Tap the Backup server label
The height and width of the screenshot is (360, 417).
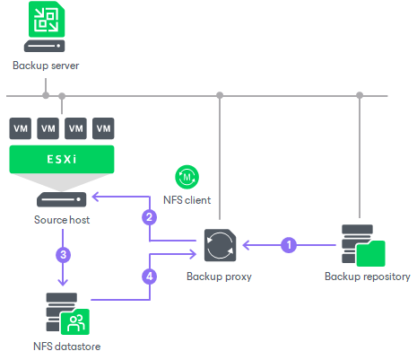(45, 66)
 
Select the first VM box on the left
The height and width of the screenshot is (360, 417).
(20, 127)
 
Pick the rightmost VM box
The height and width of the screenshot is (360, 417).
(104, 127)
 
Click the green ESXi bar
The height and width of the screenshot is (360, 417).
(62, 161)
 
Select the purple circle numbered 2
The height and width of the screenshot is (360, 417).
(150, 216)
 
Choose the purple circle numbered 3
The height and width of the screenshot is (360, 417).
(62, 254)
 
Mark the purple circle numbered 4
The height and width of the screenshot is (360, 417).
(150, 276)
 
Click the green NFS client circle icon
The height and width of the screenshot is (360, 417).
(189, 177)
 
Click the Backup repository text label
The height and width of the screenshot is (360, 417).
(367, 277)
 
